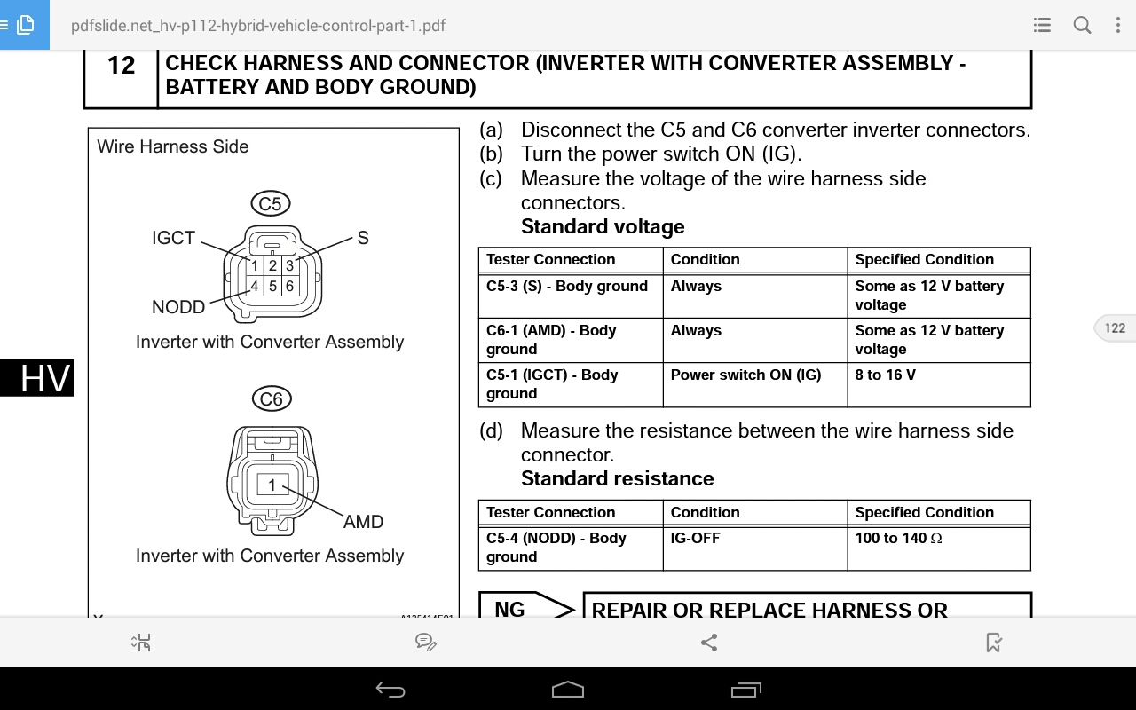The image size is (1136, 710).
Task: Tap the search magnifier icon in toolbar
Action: [1082, 25]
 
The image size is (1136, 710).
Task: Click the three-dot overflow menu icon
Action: [1118, 25]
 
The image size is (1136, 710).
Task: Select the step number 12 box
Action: [121, 66]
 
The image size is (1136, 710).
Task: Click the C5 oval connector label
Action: [270, 204]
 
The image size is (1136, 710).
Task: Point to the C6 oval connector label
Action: [271, 399]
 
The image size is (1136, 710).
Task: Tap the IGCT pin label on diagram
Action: [173, 238]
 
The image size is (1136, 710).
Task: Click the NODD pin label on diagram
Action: [178, 307]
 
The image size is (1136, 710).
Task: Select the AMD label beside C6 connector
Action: [363, 522]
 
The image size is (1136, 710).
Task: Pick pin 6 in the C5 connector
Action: [289, 287]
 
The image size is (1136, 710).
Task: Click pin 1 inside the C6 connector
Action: [272, 485]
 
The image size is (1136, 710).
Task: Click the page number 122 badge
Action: [1115, 328]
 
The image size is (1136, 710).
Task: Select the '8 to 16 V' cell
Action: [938, 384]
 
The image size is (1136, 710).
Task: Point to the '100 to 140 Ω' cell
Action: [938, 547]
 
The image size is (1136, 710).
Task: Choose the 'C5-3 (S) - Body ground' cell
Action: [570, 296]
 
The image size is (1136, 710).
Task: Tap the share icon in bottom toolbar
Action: [709, 642]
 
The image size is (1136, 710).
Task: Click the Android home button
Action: [568, 690]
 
